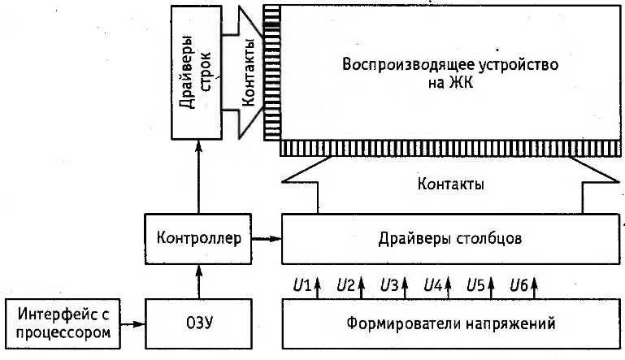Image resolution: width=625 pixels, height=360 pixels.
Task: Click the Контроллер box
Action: click(x=195, y=238)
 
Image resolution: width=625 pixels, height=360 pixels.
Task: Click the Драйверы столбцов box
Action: click(x=449, y=238)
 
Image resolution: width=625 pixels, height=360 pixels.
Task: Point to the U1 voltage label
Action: click(x=301, y=285)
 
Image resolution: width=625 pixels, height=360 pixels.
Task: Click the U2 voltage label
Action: click(x=345, y=285)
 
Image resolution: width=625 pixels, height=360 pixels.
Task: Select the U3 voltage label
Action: click(x=388, y=285)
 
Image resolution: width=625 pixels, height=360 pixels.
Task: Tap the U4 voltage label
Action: click(x=432, y=285)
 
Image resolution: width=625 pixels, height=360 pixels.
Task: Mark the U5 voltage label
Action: click(x=475, y=285)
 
